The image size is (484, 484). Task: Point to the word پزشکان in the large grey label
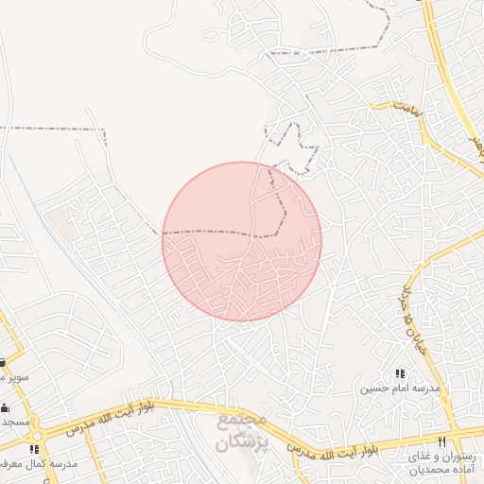coord(242,441)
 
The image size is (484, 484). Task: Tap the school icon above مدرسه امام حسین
coord(399,373)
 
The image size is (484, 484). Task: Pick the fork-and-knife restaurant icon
coord(441,441)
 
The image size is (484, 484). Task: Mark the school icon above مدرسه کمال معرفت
coord(35,449)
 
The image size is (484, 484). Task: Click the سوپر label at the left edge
coord(14,376)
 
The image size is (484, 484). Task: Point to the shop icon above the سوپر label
coord(3,362)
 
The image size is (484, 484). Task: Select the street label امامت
coord(406,111)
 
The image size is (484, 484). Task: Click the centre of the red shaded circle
coord(242,241)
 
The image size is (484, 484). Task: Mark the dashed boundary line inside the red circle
coord(217,232)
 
